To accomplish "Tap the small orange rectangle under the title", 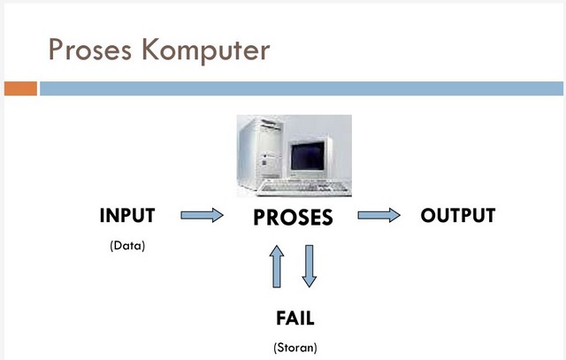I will click(x=19, y=88).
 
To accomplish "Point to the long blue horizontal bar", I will click(x=301, y=88).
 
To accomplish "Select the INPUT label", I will click(x=127, y=215).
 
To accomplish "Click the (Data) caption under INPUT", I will click(x=127, y=245).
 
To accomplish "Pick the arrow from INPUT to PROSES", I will click(x=202, y=215).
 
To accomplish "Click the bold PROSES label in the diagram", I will click(x=293, y=217).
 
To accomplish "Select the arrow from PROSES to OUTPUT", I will click(x=379, y=215).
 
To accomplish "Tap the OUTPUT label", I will click(x=457, y=215).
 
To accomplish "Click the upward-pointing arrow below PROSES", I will click(x=277, y=266).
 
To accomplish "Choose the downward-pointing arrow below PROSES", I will click(x=308, y=266).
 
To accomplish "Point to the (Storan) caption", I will click(x=294, y=347).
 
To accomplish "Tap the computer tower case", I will click(x=261, y=151).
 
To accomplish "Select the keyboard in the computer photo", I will click(x=305, y=188).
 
